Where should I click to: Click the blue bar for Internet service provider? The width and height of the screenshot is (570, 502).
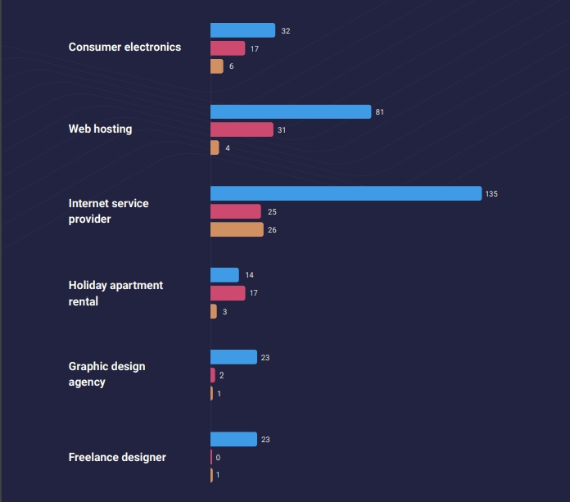[x=346, y=193]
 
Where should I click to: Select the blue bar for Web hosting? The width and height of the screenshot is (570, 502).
[x=291, y=111]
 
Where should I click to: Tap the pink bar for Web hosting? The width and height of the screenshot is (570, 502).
[x=242, y=129]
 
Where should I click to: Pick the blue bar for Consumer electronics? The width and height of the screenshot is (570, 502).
[x=242, y=30]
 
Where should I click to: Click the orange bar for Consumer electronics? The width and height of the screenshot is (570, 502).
[x=217, y=66]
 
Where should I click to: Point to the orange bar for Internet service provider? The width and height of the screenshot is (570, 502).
[x=237, y=230]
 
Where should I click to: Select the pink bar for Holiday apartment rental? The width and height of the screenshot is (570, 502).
[x=228, y=293]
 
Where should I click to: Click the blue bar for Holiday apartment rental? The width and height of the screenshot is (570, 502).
[x=224, y=275]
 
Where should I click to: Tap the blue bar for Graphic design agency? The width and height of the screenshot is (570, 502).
[x=233, y=357]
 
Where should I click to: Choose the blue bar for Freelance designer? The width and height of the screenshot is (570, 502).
[x=233, y=440]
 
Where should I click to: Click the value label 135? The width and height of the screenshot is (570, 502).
[x=491, y=194]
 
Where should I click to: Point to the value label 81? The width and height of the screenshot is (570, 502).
[x=379, y=112]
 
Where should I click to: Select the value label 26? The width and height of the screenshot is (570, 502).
[x=272, y=230]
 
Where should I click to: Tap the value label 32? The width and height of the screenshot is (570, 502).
[x=285, y=31]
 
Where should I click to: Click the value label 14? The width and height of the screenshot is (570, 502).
[x=249, y=275]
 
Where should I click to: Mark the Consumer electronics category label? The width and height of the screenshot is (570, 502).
[x=124, y=47]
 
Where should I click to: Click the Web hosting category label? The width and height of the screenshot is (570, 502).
[x=100, y=129]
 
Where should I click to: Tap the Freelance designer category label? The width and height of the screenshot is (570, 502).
[x=117, y=457]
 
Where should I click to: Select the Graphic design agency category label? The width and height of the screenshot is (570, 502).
[x=106, y=374]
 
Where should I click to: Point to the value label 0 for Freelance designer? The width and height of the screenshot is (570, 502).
[x=218, y=458]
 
